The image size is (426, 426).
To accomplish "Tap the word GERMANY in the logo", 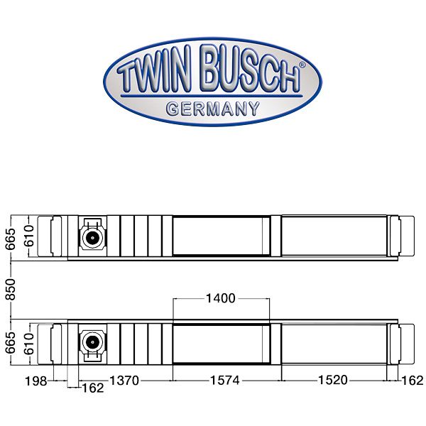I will (212, 109).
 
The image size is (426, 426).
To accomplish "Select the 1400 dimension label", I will (220, 298).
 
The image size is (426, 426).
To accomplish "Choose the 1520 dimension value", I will (333, 381).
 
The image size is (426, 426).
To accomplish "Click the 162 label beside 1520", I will (413, 381).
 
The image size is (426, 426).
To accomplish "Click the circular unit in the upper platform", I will (92, 236).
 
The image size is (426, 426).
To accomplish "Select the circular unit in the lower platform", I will (92, 343).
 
